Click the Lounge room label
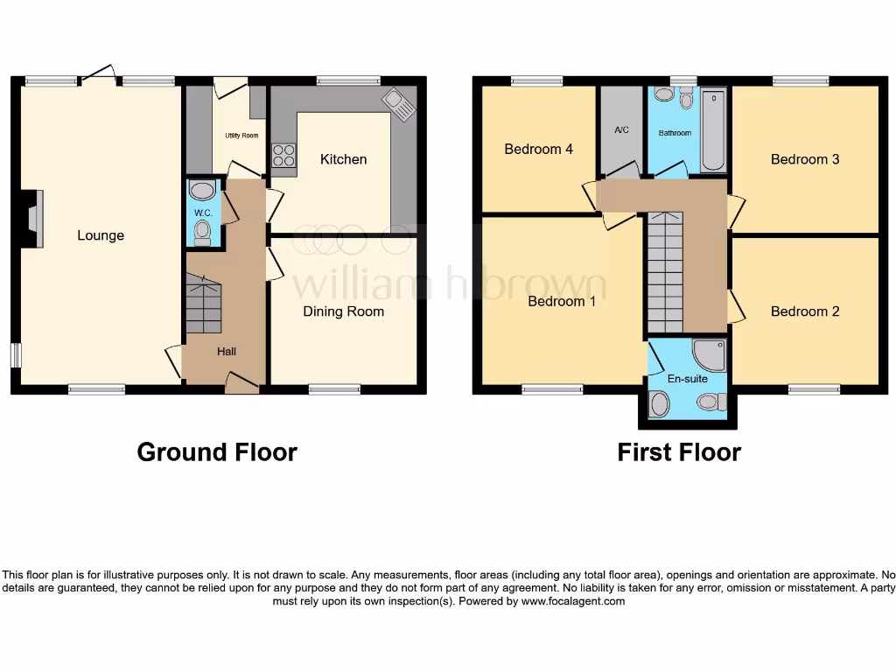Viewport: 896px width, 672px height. click(x=101, y=235)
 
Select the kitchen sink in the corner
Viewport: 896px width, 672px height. click(x=400, y=106)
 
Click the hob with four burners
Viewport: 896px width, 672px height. click(x=284, y=155)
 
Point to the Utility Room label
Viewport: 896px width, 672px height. click(x=241, y=136)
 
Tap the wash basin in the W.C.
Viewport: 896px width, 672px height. click(x=203, y=191)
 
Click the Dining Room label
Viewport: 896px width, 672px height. click(x=343, y=311)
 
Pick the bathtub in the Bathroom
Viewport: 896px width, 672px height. click(x=713, y=130)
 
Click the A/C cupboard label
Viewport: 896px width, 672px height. click(x=621, y=130)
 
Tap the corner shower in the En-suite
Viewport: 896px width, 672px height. click(x=710, y=354)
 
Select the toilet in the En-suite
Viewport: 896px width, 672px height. click(x=710, y=402)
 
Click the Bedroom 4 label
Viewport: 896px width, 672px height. click(x=538, y=150)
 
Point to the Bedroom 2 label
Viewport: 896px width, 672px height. click(x=805, y=311)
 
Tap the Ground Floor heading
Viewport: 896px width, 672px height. click(x=217, y=452)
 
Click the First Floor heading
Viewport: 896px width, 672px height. click(x=679, y=452)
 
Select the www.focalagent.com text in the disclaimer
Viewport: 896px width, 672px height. click(x=570, y=601)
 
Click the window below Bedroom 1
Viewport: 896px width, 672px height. click(x=552, y=389)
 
